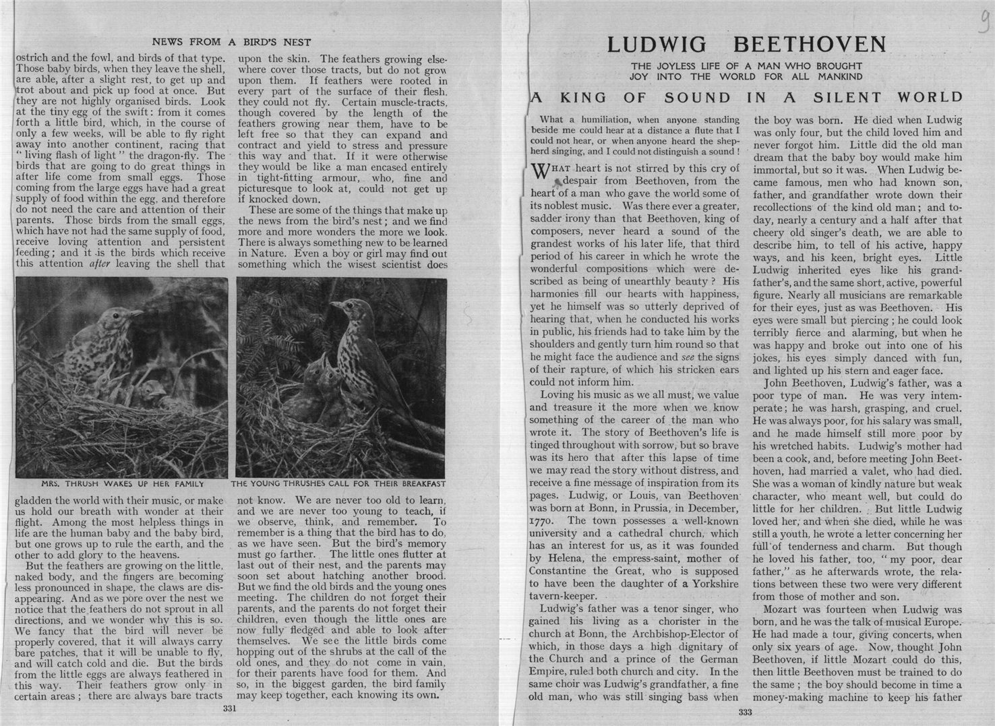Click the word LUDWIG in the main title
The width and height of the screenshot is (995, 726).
657,44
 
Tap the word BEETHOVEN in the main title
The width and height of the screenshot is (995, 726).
809,44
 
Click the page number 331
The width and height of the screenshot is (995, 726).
231,708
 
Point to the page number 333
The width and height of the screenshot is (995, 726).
745,713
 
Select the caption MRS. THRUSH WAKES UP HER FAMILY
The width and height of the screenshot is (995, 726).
122,484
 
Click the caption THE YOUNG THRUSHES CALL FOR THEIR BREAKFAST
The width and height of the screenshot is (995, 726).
338,484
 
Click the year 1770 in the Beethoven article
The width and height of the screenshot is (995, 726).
542,520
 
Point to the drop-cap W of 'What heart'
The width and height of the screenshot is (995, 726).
541,171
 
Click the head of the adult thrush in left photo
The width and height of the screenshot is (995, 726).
125,315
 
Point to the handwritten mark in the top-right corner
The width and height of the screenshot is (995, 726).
983,28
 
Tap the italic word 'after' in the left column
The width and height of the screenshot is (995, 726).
100,264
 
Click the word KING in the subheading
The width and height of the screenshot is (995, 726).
584,97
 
